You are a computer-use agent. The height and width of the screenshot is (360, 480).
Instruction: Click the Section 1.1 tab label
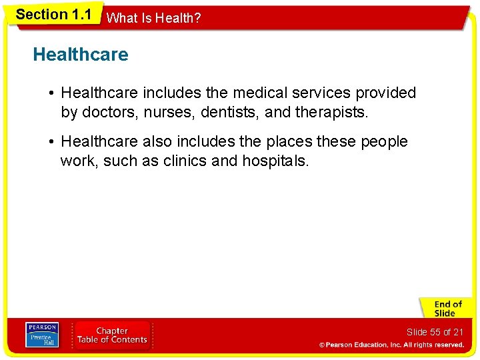tap(53, 15)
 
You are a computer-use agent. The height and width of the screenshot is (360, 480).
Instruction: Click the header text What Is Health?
tap(153, 18)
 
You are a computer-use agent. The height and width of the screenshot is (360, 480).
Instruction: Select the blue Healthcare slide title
tap(81, 55)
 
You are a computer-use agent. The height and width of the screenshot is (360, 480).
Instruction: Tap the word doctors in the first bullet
tap(106, 113)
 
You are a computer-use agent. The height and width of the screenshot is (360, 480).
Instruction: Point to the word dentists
tap(225, 113)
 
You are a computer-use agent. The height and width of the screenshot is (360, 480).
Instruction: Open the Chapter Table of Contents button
tap(112, 335)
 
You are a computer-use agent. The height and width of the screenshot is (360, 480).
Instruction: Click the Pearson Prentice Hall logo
tap(42, 335)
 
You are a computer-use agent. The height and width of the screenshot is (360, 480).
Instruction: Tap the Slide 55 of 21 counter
tap(435, 332)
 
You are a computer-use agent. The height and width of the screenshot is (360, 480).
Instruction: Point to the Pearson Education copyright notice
tap(391, 345)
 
